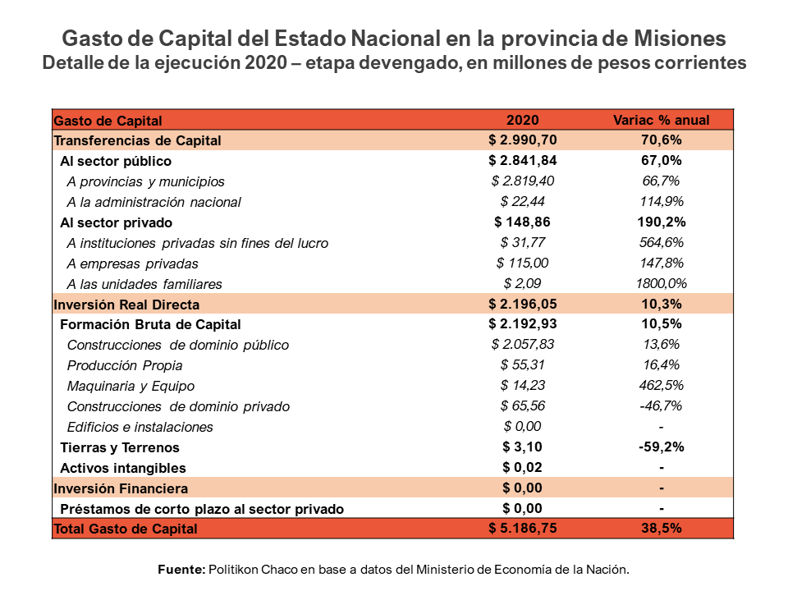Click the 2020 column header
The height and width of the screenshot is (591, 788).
(522, 120)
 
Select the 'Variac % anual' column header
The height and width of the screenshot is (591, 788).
(661, 120)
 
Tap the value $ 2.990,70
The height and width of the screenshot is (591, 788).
(522, 140)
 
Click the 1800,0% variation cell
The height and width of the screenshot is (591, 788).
(661, 284)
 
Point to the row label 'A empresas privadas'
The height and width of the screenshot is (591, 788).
(132, 263)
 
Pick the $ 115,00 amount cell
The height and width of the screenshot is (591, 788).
(522, 263)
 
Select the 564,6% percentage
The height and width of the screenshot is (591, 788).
(661, 243)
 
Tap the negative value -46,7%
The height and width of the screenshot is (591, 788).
(661, 406)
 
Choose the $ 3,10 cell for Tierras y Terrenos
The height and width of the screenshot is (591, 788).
(522, 447)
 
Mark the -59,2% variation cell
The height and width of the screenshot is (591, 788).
(661, 447)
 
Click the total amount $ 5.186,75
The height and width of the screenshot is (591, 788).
(522, 529)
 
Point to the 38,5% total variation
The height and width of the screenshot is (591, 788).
(661, 529)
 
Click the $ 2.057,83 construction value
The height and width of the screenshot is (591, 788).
(522, 345)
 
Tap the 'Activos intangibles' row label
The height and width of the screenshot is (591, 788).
(123, 468)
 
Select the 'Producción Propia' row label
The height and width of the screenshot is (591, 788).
(125, 365)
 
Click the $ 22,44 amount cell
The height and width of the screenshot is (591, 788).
(522, 202)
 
